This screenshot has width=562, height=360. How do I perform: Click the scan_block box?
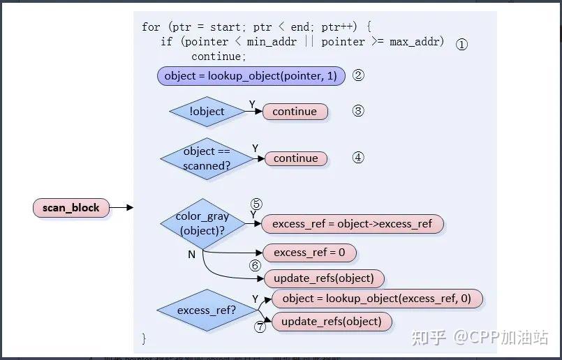coord(71,207)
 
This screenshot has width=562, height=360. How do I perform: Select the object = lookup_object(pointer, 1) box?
coord(251,75)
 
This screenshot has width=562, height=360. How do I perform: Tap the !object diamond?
coord(207,112)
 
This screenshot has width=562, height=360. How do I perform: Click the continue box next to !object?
coord(295,112)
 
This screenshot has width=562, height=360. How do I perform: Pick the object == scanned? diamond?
coord(207,158)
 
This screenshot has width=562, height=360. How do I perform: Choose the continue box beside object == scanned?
coord(295,158)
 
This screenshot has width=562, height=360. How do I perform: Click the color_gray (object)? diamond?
coord(202,223)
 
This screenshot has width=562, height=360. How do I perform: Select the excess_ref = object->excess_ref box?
coord(352,224)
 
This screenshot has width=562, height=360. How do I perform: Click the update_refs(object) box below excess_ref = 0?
coord(324,278)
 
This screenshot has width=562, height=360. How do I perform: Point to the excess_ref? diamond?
coord(207,310)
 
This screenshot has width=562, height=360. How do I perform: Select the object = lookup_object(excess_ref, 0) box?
coord(377,299)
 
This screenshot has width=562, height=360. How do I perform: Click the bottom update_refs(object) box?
coord(332,322)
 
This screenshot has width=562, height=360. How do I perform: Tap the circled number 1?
coord(461,44)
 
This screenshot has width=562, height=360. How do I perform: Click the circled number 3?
coord(358,111)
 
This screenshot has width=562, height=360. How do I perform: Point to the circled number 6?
coord(255,266)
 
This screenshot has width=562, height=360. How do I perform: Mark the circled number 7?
coord(260,327)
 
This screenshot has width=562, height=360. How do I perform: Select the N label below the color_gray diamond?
coord(191,255)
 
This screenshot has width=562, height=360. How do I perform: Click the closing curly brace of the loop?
coord(144,339)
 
